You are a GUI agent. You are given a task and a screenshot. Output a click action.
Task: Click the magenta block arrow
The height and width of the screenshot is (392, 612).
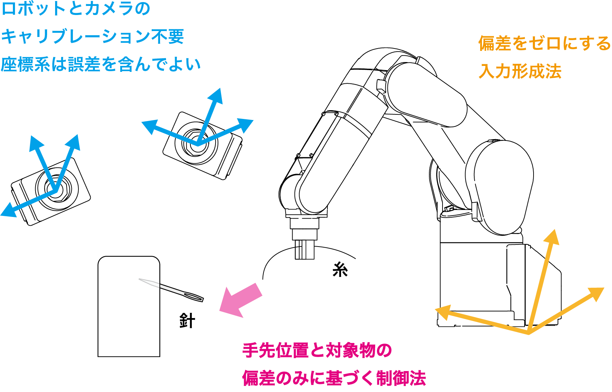pos(241,300)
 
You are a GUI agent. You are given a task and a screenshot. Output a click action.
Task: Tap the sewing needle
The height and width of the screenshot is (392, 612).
pos(171,289)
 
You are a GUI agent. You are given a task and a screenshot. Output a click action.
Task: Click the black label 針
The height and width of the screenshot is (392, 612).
pos(187,321)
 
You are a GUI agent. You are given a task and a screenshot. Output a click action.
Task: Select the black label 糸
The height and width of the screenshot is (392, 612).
pos(340,269)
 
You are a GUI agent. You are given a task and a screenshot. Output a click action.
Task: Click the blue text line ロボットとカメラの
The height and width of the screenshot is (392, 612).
pos(76,9)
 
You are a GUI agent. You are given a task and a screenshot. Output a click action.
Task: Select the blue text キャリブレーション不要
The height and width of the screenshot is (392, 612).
pos(92,36)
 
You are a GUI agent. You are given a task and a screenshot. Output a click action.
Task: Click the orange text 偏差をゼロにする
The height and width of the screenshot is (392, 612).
pos(544,44)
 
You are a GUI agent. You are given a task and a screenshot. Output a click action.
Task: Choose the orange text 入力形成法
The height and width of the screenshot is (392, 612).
pos(520,71)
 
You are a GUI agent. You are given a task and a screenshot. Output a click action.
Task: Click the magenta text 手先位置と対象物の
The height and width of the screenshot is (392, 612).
pos(317,350)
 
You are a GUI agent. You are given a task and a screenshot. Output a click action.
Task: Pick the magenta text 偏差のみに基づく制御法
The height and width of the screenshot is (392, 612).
pos(334,378)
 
